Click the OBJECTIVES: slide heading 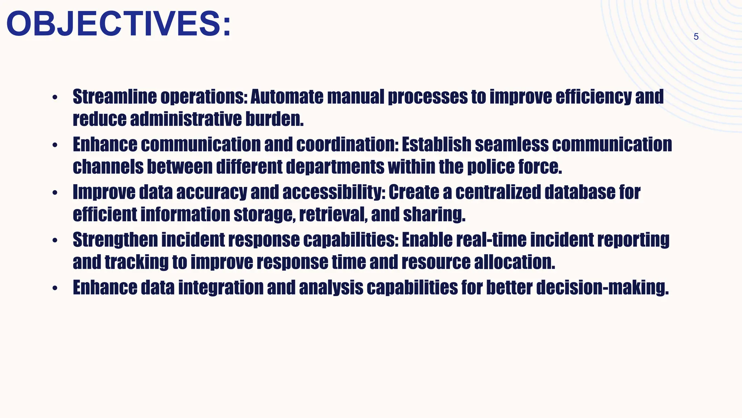[x=118, y=24]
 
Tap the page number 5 [x=696, y=37]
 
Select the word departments [x=335, y=167]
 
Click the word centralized [x=498, y=192]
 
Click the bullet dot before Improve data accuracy [x=55, y=193]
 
